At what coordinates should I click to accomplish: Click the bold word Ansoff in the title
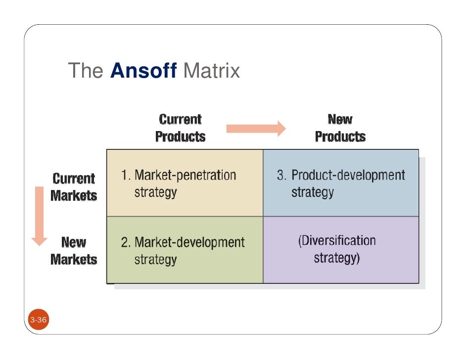point(143,71)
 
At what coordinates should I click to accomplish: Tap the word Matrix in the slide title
point(211,71)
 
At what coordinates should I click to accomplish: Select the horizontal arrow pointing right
point(256,129)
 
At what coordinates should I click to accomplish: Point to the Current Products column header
point(180,128)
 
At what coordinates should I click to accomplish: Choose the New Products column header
point(340,128)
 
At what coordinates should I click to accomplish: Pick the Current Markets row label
point(74,187)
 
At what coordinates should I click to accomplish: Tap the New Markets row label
point(74,251)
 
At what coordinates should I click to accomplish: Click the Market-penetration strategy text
point(179,183)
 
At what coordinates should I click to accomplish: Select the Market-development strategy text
point(183,250)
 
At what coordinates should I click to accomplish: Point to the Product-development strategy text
point(341,183)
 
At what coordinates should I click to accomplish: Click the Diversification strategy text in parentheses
point(337,249)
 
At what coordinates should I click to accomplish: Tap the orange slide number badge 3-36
point(38,320)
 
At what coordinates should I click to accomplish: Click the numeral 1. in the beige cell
point(126,175)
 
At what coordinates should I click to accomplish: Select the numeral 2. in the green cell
point(126,242)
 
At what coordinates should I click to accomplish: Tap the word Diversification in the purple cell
point(337,241)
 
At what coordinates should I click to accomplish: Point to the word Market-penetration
point(186,175)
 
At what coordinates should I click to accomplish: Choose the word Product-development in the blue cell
point(348,175)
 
